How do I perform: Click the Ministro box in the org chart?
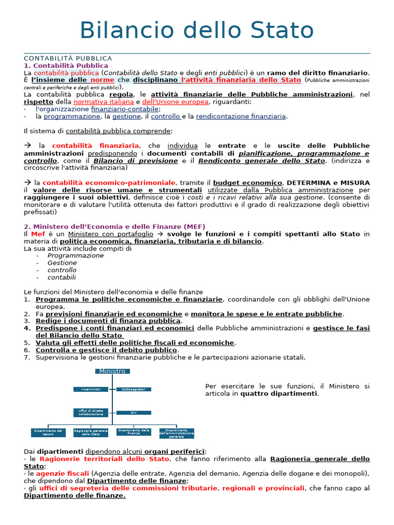112,371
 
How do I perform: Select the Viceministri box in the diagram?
91,390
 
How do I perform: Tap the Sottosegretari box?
133,390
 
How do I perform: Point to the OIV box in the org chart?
133,412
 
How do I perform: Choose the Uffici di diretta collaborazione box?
91,412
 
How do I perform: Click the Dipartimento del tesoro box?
48,433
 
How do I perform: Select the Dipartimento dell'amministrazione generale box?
176,433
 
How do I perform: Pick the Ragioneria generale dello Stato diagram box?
91,433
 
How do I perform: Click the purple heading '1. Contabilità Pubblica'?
66,66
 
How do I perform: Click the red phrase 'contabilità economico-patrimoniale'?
109,183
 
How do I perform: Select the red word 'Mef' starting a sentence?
38,234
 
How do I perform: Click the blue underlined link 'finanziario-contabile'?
125,109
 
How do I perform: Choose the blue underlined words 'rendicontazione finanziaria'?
241,116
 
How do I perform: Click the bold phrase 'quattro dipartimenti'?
279,394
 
